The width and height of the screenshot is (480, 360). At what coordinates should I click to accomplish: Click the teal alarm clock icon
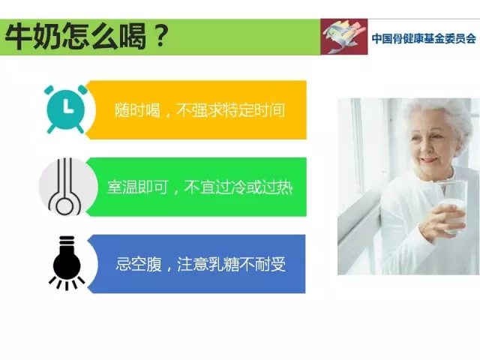click(x=65, y=109)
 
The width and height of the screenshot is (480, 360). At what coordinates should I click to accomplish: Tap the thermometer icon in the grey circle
click(x=65, y=187)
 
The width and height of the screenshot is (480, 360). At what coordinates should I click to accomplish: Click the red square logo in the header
click(x=344, y=37)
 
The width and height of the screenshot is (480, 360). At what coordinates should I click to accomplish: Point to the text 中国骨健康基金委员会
click(x=424, y=38)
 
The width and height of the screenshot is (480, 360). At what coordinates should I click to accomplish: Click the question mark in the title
click(x=160, y=35)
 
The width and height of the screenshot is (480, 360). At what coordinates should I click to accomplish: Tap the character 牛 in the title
click(x=19, y=36)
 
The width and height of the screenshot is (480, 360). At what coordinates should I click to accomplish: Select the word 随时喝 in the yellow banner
click(x=137, y=110)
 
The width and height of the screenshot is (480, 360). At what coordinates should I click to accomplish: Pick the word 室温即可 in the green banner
click(x=138, y=187)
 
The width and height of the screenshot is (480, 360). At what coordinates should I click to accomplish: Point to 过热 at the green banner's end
click(x=277, y=187)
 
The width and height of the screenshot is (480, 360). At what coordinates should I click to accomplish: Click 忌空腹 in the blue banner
click(x=138, y=264)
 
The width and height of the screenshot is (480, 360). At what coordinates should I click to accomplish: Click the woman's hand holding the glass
click(x=441, y=221)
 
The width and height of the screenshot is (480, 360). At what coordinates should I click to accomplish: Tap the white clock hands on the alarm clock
click(x=67, y=106)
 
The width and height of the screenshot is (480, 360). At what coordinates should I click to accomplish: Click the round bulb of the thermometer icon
click(x=65, y=205)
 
